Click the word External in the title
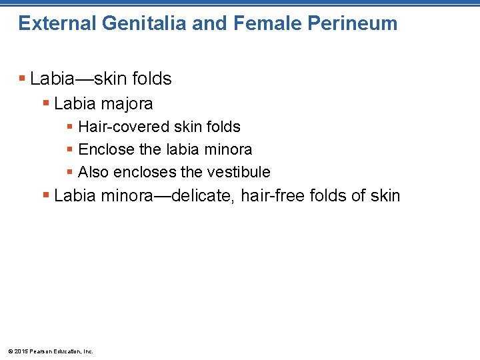[57, 24]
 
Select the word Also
[93, 172]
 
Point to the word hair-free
[273, 195]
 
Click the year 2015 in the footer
[20, 351]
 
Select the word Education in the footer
[66, 351]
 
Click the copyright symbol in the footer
[9, 351]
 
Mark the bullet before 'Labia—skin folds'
[23, 79]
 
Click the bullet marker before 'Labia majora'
[46, 103]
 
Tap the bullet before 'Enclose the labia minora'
[71, 149]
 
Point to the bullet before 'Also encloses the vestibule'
[71, 172]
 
